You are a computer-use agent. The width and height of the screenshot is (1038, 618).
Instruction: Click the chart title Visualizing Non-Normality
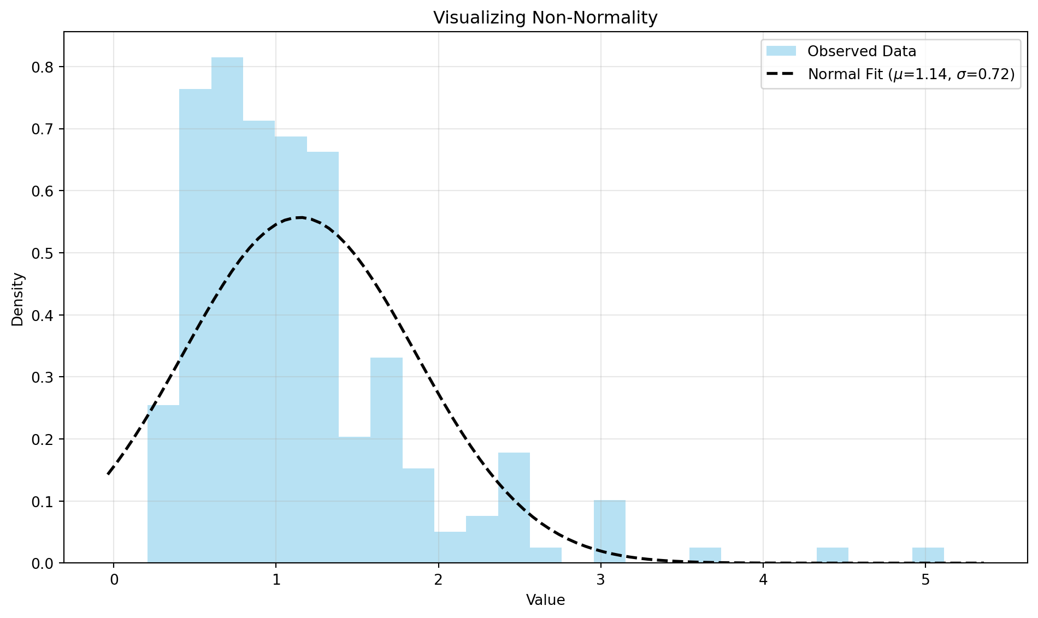(x=545, y=18)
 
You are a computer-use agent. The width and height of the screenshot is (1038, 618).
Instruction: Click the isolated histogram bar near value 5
(x=928, y=555)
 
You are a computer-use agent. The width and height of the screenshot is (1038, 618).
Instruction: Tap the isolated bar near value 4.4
(x=832, y=555)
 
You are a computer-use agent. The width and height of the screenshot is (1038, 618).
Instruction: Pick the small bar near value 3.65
(x=705, y=555)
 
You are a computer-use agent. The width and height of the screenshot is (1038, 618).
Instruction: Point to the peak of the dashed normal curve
(x=299, y=217)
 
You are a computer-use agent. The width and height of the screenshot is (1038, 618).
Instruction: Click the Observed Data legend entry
(x=862, y=51)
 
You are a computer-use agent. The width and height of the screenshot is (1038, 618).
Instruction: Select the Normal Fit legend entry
(x=911, y=74)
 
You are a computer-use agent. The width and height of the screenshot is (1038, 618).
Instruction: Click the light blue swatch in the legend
(x=781, y=51)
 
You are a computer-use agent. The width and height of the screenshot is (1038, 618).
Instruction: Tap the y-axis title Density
(x=18, y=299)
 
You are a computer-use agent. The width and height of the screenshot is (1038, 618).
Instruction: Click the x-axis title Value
(x=545, y=601)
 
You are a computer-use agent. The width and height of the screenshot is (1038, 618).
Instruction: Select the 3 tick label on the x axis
(x=600, y=579)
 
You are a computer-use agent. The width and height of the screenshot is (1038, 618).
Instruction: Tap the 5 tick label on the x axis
(x=925, y=579)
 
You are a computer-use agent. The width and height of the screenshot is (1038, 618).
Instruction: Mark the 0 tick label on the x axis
(x=114, y=579)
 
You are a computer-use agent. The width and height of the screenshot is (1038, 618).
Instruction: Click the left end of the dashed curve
(x=108, y=474)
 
